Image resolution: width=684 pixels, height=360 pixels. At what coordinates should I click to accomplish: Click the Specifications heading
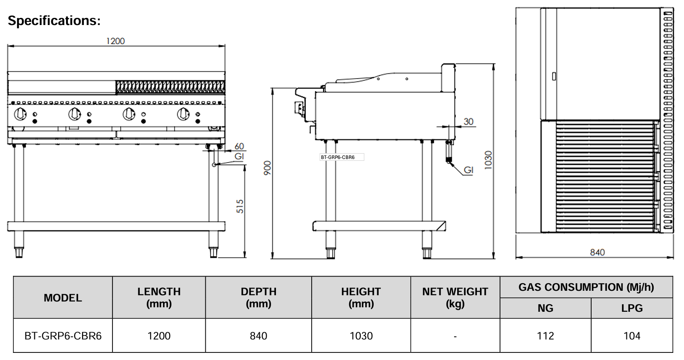54,21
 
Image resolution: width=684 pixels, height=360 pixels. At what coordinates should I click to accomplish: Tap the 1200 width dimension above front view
115,41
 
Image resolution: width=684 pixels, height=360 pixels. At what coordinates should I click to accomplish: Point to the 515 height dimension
240,206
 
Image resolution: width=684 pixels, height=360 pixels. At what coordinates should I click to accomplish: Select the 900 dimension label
267,167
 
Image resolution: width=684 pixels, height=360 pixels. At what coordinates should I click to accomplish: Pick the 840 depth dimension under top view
597,252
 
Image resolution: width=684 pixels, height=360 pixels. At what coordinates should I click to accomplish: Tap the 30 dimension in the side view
468,121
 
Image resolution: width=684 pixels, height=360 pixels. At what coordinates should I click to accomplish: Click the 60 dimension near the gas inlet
239,146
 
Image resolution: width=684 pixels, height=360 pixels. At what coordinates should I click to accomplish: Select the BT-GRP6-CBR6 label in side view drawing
338,157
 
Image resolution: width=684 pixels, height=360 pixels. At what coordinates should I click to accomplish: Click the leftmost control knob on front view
20,114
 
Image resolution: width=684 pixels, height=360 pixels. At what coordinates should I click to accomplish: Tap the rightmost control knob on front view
183,114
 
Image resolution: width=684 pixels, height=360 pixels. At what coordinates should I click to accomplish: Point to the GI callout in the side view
468,170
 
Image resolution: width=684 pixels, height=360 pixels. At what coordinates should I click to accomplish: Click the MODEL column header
63,298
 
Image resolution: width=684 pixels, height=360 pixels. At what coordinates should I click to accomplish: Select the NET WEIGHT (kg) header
455,297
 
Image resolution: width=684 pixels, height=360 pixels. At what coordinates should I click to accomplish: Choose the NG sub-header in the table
545,308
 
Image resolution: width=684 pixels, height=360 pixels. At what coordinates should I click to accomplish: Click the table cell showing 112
545,336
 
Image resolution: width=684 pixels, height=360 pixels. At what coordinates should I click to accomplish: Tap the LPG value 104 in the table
632,336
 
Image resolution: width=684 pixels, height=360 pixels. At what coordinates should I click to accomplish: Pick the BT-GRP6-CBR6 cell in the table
63,336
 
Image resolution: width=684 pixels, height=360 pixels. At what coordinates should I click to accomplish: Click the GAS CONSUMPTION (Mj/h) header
586,287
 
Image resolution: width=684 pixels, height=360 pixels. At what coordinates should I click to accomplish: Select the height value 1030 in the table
361,336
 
